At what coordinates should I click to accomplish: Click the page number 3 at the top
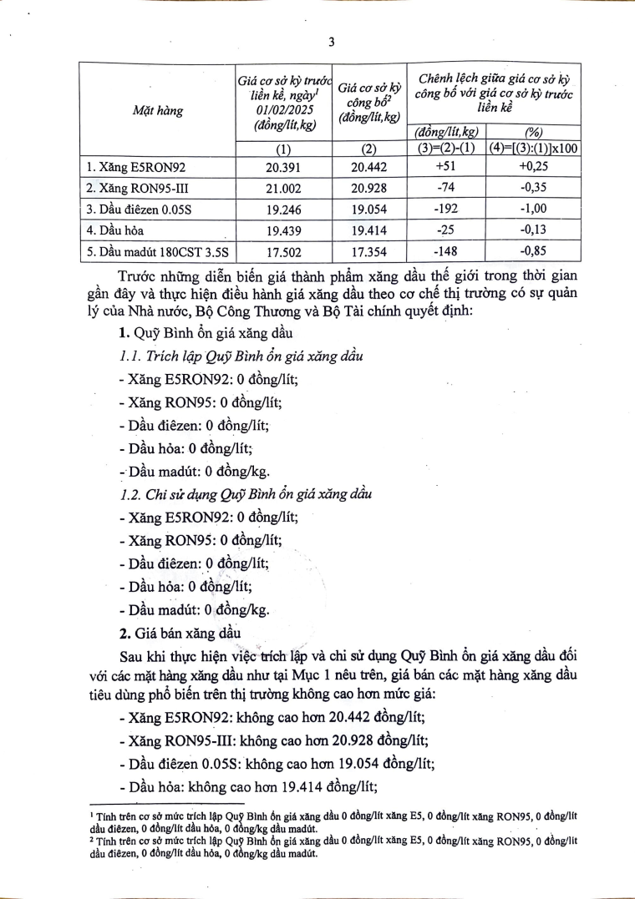click(x=332, y=43)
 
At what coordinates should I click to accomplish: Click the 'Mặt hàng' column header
click(x=158, y=109)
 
